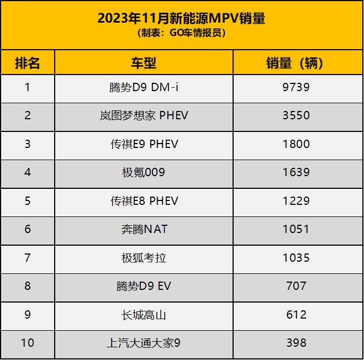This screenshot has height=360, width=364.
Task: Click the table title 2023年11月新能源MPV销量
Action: click(x=181, y=18)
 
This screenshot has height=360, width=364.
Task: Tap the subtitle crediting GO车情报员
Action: click(x=181, y=33)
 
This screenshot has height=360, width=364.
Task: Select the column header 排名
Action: click(x=28, y=63)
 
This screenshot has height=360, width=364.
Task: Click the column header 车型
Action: click(x=144, y=63)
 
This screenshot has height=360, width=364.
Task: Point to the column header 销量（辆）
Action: click(x=296, y=63)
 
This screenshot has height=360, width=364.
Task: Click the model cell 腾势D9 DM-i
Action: click(x=144, y=87)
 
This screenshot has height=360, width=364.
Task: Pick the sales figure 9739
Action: click(x=296, y=87)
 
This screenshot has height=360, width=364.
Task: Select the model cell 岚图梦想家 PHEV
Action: click(x=144, y=115)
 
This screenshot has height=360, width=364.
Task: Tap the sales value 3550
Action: click(x=296, y=115)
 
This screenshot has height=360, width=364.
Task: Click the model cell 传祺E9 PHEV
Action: click(x=144, y=144)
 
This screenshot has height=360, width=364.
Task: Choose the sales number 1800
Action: click(x=296, y=144)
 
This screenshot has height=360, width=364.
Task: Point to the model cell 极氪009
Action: click(x=144, y=172)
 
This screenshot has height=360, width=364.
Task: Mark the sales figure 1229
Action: click(x=296, y=201)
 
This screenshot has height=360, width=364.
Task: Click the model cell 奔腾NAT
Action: click(x=144, y=229)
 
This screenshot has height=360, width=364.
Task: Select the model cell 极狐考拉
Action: click(x=144, y=258)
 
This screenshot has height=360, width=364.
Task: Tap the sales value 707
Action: click(x=296, y=286)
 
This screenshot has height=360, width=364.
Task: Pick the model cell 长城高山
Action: click(x=144, y=315)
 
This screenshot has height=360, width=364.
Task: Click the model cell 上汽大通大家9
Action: click(x=144, y=343)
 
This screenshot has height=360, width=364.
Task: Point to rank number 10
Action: click(x=28, y=343)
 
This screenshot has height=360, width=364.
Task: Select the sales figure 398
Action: click(x=296, y=343)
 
